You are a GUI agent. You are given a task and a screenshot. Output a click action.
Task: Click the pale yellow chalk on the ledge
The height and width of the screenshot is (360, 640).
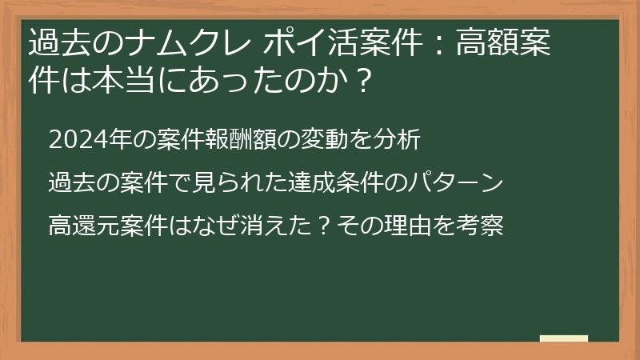[563, 338]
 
